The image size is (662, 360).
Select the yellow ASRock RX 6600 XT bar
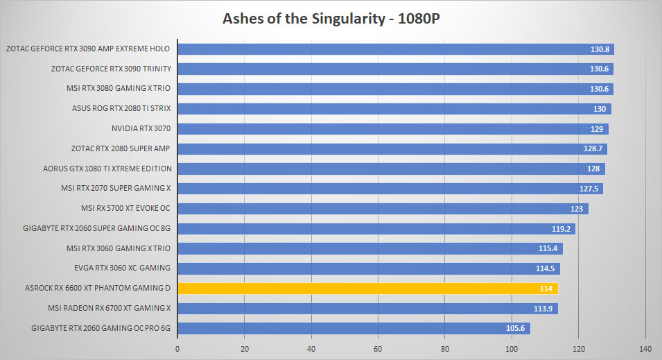(x=367, y=289)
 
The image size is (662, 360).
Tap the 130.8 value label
(x=600, y=49)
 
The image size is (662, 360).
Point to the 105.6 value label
(x=515, y=328)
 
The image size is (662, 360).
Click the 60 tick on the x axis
(x=378, y=349)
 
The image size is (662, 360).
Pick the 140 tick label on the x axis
(x=645, y=349)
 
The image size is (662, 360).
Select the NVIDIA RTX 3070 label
(x=141, y=128)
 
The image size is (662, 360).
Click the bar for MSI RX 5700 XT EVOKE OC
(x=383, y=209)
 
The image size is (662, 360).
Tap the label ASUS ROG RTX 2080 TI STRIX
(x=121, y=109)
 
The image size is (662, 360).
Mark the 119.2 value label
(x=561, y=229)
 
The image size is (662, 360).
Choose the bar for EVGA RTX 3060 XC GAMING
(x=369, y=268)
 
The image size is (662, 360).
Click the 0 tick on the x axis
(x=177, y=349)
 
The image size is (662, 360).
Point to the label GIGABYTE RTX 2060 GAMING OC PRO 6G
(x=101, y=328)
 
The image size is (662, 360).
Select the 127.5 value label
(x=589, y=189)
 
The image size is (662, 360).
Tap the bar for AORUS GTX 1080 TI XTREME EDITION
(x=392, y=169)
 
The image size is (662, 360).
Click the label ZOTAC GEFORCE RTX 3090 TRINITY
(x=112, y=69)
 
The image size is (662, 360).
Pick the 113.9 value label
(x=543, y=309)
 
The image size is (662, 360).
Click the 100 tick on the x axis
(x=512, y=349)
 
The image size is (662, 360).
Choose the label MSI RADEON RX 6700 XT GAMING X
(x=110, y=309)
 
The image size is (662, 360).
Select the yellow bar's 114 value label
(x=546, y=289)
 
